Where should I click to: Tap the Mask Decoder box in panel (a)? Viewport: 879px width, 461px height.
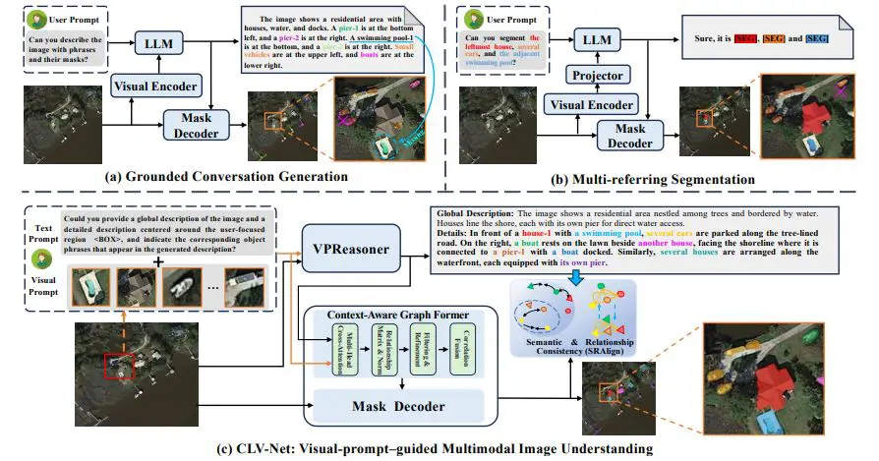coord(196,125)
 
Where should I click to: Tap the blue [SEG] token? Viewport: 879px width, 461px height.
coord(817,37)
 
